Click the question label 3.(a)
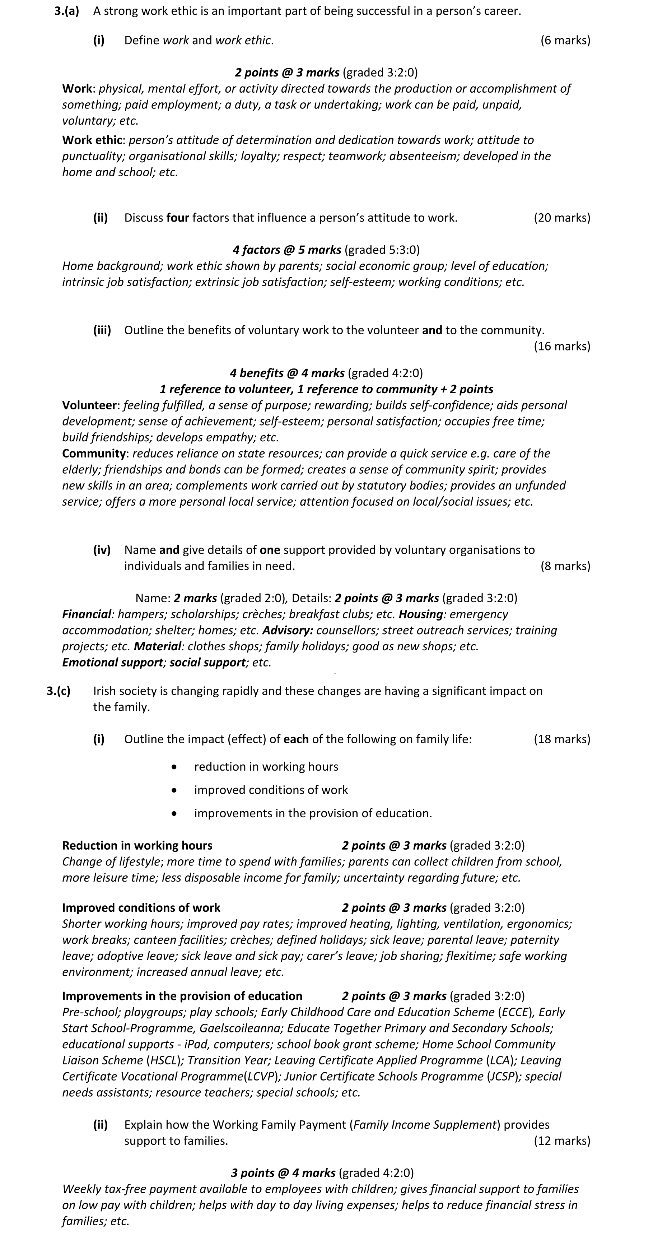pyautogui.click(x=67, y=11)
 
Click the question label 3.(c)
pyautogui.click(x=59, y=691)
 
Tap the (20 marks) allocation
pyautogui.click(x=562, y=218)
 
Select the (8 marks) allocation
pyautogui.click(x=565, y=566)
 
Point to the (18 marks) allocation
pyautogui.click(x=562, y=739)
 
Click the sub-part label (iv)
pyautogui.click(x=102, y=550)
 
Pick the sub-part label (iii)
pyautogui.click(x=102, y=330)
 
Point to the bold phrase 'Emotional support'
pyautogui.click(x=113, y=663)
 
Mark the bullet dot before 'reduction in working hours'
pyautogui.click(x=174, y=767)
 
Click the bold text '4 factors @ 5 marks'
pyautogui.click(x=287, y=250)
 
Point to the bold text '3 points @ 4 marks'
pyautogui.click(x=283, y=1173)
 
